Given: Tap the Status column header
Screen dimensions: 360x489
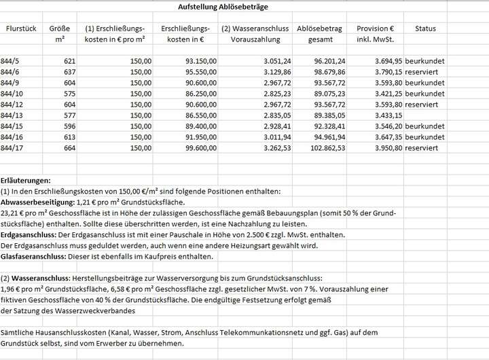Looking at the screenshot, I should pos(425,29).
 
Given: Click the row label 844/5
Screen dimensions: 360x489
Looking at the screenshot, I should pos(12,62).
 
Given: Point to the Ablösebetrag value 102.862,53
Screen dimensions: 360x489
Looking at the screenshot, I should pos(327,147).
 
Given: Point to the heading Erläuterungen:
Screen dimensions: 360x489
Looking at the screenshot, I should pos(26,181).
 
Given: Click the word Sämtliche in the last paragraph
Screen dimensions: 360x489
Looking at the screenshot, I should pos(18,331).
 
